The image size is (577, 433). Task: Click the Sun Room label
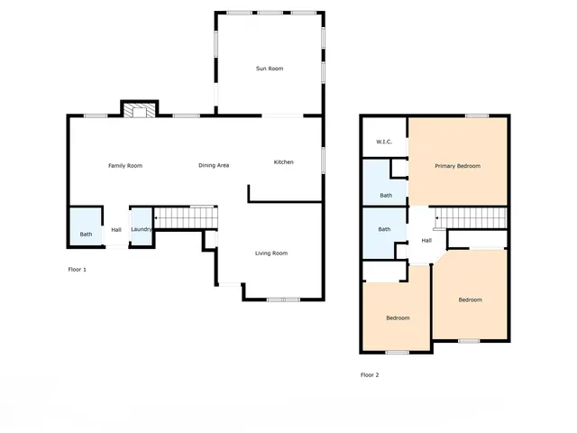coord(270,69)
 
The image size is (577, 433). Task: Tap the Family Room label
coord(125,165)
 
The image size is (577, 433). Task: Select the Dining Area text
coord(214,165)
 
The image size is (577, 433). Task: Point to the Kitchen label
coord(284,162)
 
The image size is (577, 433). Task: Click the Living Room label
coord(270,253)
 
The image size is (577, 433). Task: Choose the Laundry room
coord(142,229)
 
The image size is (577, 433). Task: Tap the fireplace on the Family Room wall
coord(140,110)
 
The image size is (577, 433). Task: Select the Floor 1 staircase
coord(186,217)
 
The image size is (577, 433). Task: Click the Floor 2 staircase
coord(468,218)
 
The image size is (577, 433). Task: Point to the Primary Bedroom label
coord(457,166)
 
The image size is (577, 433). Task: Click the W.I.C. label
coord(384,142)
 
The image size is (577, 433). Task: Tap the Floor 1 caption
coord(78,269)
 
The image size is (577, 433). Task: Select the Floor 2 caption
coord(370,374)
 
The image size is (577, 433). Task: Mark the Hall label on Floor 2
coord(426,240)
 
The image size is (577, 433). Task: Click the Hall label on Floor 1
coord(116,230)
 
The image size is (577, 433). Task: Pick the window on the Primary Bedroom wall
coord(477,115)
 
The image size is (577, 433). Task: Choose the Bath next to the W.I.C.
coord(386,195)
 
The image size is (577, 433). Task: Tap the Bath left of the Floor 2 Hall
coord(384,229)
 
